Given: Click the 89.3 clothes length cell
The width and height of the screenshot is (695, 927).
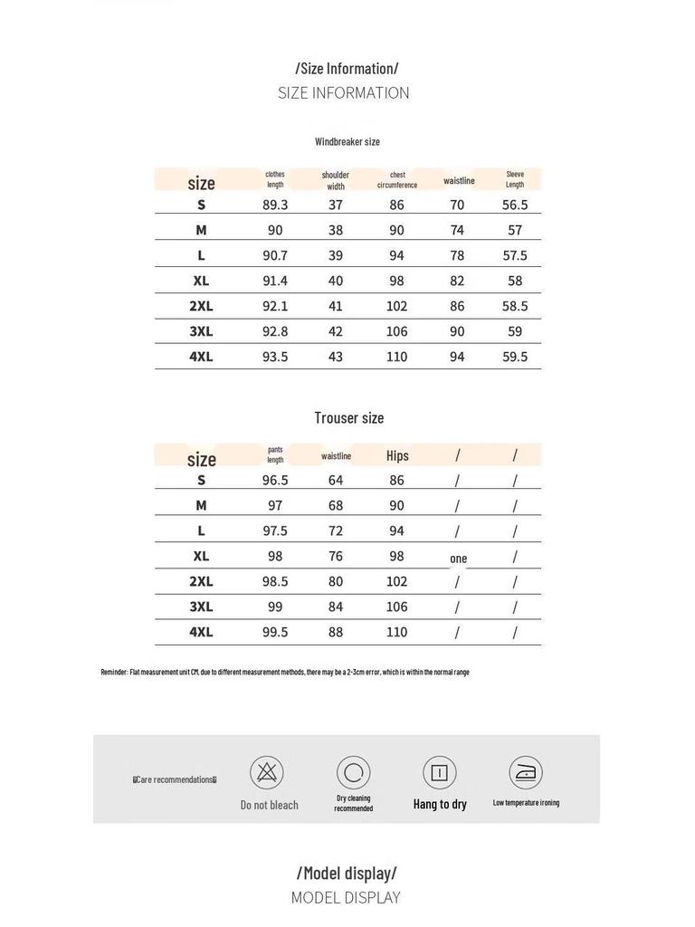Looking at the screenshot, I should coord(275,205).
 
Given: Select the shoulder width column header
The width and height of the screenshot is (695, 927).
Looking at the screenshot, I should coord(336,180).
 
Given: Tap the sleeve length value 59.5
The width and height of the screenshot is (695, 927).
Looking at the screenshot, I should coord(515,358).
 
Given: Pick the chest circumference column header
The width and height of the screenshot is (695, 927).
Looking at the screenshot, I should coord(397,180).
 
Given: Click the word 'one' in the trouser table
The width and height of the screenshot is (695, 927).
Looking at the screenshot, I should coord(459,559).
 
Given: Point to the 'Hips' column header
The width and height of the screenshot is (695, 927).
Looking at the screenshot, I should coord(397,456).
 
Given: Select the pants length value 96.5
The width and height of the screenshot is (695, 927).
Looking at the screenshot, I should coord(275,481).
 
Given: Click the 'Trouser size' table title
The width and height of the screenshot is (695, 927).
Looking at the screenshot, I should coord(349,418).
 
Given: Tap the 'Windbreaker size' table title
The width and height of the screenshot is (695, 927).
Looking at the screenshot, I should coord(347,141).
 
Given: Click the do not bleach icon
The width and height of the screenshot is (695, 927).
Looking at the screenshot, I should coord(267,772).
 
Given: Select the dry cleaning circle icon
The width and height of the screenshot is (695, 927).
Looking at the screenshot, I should coord(354,772).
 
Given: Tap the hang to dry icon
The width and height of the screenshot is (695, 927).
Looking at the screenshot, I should coord(440,772).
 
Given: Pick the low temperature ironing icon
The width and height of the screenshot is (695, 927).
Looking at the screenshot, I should coord(526,772).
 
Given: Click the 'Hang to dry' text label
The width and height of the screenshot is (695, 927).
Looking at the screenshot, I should coord(440,804).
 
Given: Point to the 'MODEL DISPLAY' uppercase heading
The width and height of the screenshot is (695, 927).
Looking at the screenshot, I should coord(346,898).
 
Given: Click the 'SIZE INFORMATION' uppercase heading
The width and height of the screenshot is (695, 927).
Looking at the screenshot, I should coord(344,92).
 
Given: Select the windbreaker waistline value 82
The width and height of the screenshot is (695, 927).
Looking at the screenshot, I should coord(457,282).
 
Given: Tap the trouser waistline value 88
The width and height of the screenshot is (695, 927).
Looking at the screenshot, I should coord(336,633).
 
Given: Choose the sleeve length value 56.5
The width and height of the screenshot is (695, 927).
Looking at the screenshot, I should coord(515,205).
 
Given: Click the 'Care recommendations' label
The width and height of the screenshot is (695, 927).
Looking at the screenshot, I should coord(176,779).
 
